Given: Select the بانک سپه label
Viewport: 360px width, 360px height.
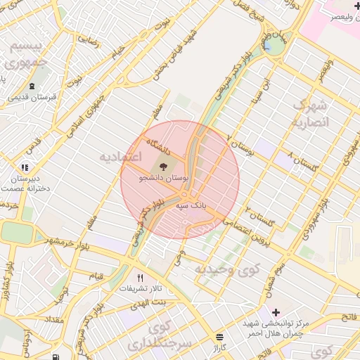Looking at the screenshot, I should (x=190, y=205).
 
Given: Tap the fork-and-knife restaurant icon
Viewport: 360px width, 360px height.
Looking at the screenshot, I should (x=140, y=278).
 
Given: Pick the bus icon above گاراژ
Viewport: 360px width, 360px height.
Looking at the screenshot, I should (x=220, y=337).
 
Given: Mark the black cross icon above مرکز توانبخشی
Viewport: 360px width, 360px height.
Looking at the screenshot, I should (x=275, y=311).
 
